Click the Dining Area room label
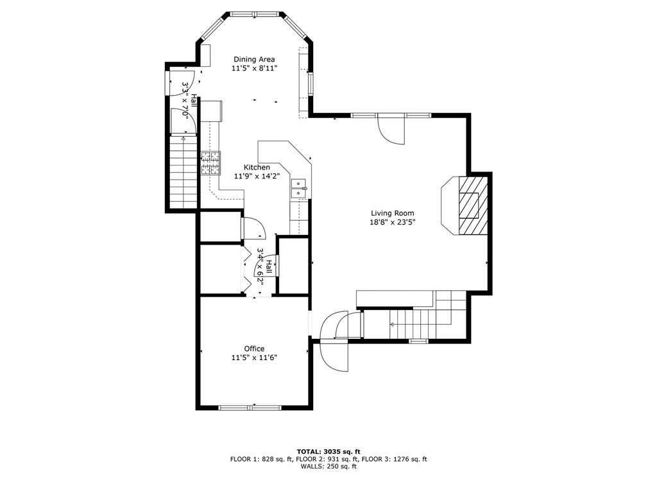pyautogui.click(x=254, y=60)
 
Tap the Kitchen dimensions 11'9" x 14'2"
pyautogui.click(x=257, y=177)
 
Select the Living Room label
pyautogui.click(x=393, y=213)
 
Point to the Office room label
pyautogui.click(x=254, y=349)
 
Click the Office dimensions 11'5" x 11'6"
pyautogui.click(x=254, y=358)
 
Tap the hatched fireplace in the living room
pyautogui.click(x=473, y=205)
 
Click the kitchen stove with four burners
pyautogui.click(x=210, y=162)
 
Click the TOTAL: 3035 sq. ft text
pyautogui.click(x=328, y=451)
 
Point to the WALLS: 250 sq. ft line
pyautogui.click(x=328, y=466)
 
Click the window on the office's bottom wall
pyautogui.click(x=250, y=407)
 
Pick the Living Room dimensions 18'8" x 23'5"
pyautogui.click(x=393, y=223)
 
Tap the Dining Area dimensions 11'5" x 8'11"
pyautogui.click(x=254, y=68)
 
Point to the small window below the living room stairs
pyautogui.click(x=418, y=342)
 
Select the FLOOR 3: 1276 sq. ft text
pyautogui.click(x=394, y=459)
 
